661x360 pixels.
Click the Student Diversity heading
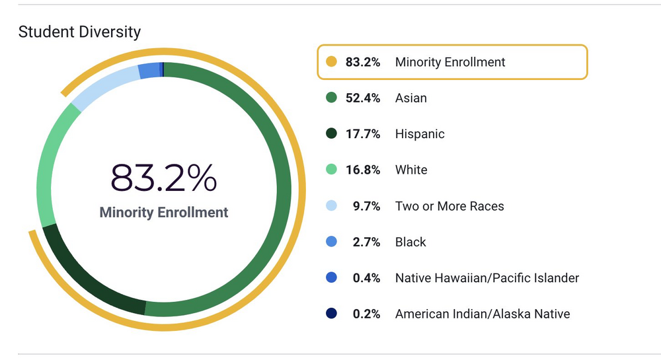pyautogui.click(x=79, y=32)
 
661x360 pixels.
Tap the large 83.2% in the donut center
pyautogui.click(x=163, y=177)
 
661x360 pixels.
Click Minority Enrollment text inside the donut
pyautogui.click(x=163, y=212)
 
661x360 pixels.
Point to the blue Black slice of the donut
pyautogui.click(x=149, y=70)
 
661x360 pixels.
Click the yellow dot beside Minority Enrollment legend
pyautogui.click(x=332, y=62)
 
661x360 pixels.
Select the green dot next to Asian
pyautogui.click(x=332, y=98)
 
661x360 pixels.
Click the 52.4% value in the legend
pyautogui.click(x=363, y=98)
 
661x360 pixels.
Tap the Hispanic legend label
pyautogui.click(x=420, y=134)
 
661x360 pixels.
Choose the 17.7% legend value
pyautogui.click(x=363, y=134)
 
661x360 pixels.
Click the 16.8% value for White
pyautogui.click(x=363, y=170)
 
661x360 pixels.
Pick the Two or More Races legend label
pyautogui.click(x=449, y=206)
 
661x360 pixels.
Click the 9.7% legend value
pyautogui.click(x=366, y=206)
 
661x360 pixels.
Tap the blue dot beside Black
pyautogui.click(x=332, y=242)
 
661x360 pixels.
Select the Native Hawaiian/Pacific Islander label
pyautogui.click(x=487, y=278)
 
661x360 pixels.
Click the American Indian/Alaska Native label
pyautogui.click(x=483, y=314)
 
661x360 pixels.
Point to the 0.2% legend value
pyautogui.click(x=366, y=314)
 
